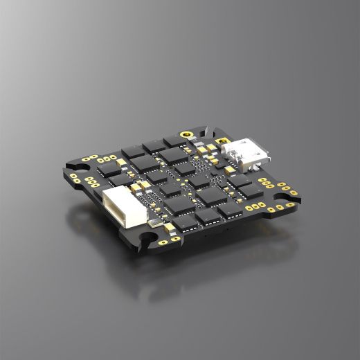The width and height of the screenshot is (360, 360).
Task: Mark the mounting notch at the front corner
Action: (x=148, y=242)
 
